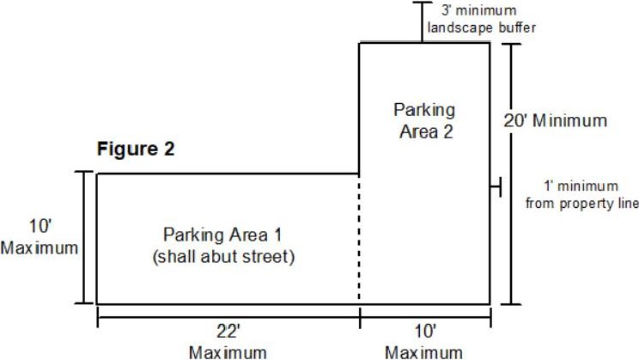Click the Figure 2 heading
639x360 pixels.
[136, 149]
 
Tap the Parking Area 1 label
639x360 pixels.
[222, 235]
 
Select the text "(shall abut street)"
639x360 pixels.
[223, 257]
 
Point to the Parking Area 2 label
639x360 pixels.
[424, 120]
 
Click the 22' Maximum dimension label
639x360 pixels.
[228, 343]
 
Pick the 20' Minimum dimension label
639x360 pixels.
[556, 120]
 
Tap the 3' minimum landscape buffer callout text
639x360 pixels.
[481, 19]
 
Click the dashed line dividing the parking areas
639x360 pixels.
[359, 239]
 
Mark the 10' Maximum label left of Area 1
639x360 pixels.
[40, 237]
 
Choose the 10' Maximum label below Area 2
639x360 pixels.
[424, 343]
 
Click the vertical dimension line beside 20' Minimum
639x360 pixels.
[510, 174]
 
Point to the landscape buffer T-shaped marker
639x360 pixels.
[423, 22]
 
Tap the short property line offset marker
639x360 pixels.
[496, 187]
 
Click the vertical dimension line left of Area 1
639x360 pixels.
[85, 237]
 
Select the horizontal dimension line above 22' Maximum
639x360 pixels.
[228, 317]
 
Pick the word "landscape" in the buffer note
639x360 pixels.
[460, 27]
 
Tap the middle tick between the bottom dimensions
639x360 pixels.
[360, 318]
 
